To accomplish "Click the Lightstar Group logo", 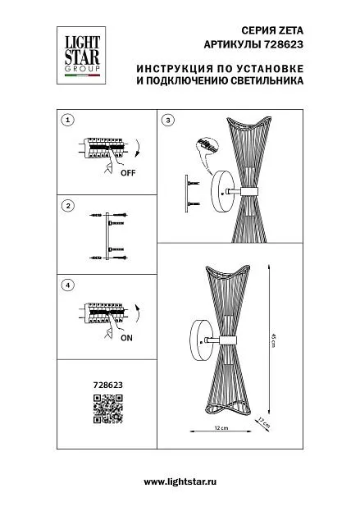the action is pos(81,56).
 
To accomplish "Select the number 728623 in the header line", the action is pos(283,44).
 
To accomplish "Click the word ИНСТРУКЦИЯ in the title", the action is pos(175,69).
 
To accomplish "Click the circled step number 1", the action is pos(68,120).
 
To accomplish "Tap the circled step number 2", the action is pos(68,206).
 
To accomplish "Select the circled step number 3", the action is pos(168,120).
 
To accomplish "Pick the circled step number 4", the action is pos(68,285).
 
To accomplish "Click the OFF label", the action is pos(128,173).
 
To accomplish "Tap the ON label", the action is pos(126,338).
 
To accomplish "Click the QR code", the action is pos(108,408).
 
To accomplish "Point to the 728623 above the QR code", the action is pos(108,385).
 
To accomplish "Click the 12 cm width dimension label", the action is pos(221,427).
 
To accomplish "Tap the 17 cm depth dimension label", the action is pos(264,422).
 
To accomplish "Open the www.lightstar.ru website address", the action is pos(180,481).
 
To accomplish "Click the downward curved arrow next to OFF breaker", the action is pos(138,148).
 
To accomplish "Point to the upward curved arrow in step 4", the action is pos(138,313).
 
